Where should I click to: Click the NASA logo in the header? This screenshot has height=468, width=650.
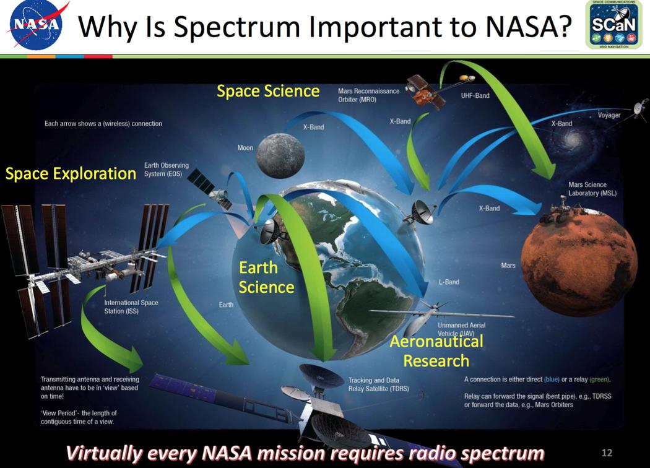click(36, 26)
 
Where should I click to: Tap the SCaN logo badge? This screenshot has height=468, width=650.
click(613, 25)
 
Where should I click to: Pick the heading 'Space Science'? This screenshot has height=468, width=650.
click(268, 91)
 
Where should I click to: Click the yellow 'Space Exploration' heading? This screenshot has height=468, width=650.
click(71, 173)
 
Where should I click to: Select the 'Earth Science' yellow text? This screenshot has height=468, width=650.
click(266, 277)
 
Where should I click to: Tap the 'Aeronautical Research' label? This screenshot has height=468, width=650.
click(436, 351)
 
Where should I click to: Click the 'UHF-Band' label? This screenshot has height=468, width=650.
click(475, 96)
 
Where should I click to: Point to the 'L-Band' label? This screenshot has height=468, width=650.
click(449, 282)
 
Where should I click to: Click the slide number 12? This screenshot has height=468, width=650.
click(607, 453)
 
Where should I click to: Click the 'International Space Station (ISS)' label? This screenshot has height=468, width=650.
click(131, 307)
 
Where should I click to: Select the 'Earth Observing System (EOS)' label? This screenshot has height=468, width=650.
click(167, 170)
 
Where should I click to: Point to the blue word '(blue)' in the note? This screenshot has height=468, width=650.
click(552, 379)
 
